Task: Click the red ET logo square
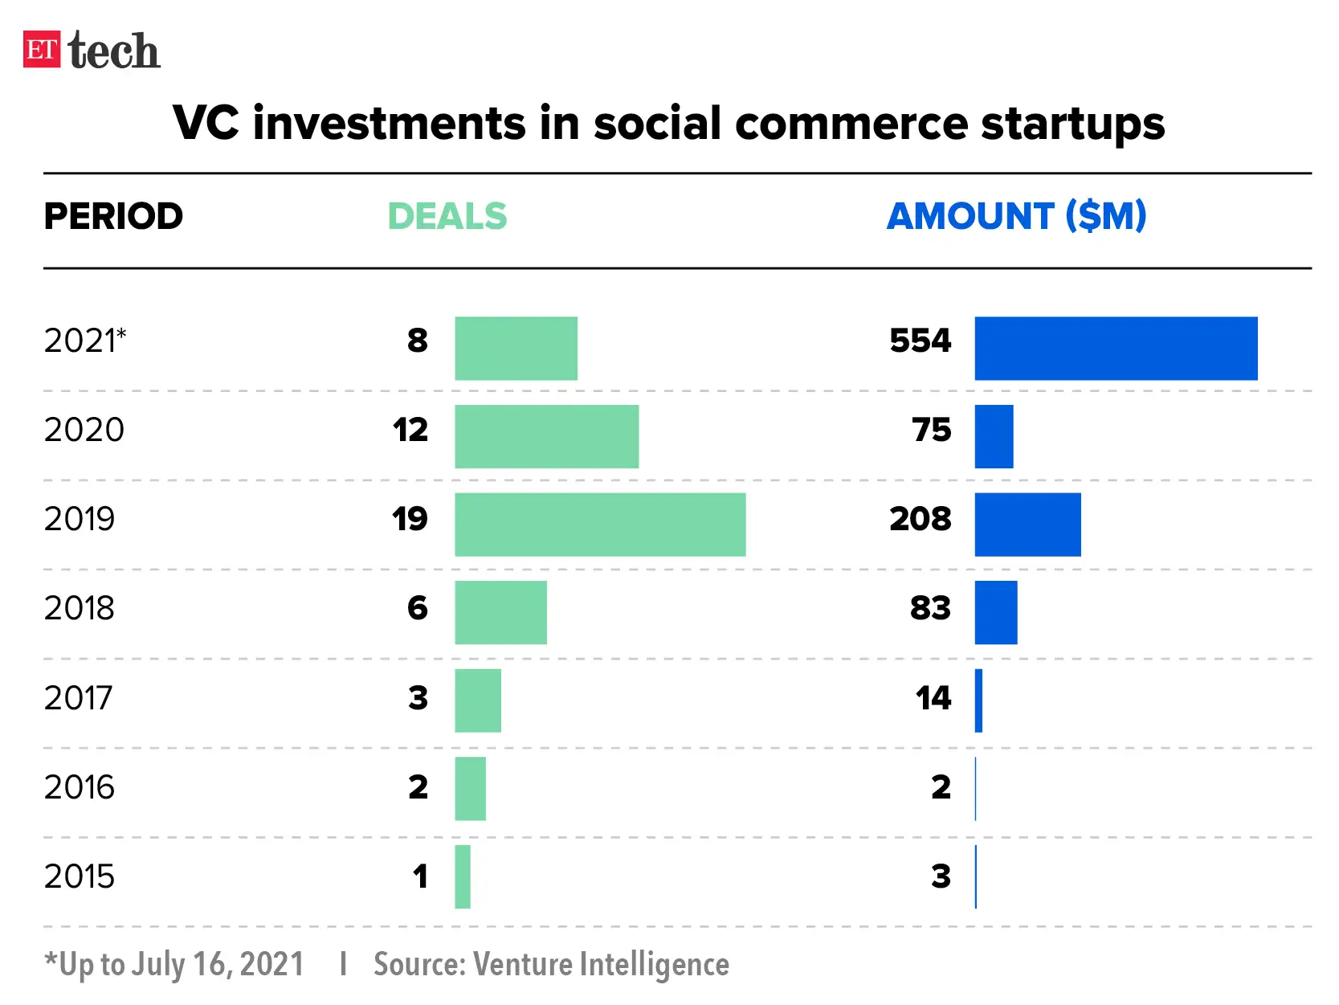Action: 42,49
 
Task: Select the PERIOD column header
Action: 113,216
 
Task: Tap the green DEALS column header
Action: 447,216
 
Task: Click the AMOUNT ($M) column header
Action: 1016,216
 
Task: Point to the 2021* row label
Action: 85,341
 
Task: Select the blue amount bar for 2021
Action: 1116,348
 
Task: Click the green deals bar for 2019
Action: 600,525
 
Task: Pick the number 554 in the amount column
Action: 920,341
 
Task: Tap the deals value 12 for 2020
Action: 410,430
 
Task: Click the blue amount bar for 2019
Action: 1027,525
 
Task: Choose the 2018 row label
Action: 80,608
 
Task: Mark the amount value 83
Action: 930,608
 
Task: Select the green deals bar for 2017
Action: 478,701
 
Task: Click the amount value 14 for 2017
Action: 933,697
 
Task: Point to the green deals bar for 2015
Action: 463,876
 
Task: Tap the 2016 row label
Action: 80,787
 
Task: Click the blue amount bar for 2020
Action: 994,436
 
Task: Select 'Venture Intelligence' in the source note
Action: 601,964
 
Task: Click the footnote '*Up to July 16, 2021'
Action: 174,964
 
